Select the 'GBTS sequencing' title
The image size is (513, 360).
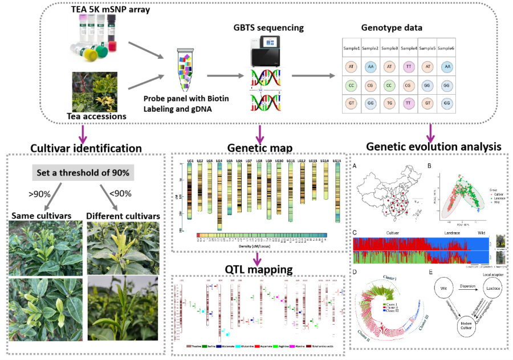click(x=269, y=27)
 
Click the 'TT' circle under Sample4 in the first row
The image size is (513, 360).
click(x=408, y=67)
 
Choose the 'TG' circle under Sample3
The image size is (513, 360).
click(x=389, y=103)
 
